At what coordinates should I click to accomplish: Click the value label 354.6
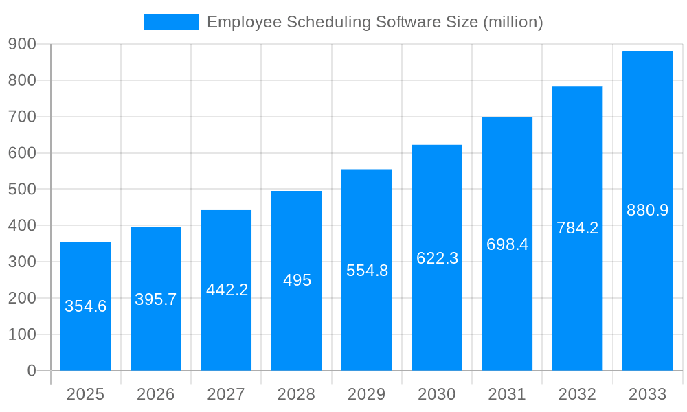86,306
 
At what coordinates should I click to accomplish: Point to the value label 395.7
156,299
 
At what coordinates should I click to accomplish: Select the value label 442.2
227,290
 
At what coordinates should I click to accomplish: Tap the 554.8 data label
367,271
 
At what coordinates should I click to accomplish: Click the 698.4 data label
507,244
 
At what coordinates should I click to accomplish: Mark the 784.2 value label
577,228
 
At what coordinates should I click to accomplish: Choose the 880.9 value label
647,210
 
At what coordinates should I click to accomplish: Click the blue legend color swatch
170,22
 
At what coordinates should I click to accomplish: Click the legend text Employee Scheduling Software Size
374,22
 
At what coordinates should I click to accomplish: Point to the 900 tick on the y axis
22,45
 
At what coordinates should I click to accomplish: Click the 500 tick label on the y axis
22,190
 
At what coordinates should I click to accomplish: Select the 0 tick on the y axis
31,371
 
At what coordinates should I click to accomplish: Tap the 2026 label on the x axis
156,394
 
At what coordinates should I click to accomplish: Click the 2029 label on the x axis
367,394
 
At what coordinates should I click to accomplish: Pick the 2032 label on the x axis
577,394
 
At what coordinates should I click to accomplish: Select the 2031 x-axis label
507,394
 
